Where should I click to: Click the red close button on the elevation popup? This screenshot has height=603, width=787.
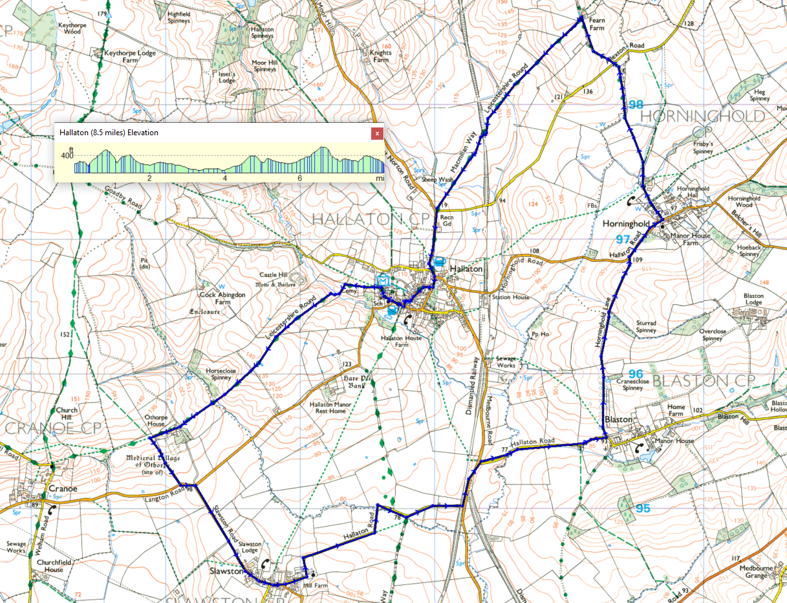(x=376, y=133)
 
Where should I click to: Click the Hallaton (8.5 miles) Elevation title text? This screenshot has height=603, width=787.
(x=109, y=133)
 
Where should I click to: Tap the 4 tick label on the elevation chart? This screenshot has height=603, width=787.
(x=225, y=179)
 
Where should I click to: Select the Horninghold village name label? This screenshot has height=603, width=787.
(x=625, y=223)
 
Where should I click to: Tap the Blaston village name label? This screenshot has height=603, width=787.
(x=618, y=419)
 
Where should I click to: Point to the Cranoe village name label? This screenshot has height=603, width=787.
(x=63, y=488)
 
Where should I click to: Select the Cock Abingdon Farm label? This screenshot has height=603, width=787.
(x=222, y=298)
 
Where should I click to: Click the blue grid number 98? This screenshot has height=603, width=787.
(x=636, y=105)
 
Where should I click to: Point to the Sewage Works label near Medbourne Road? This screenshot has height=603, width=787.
(x=506, y=361)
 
